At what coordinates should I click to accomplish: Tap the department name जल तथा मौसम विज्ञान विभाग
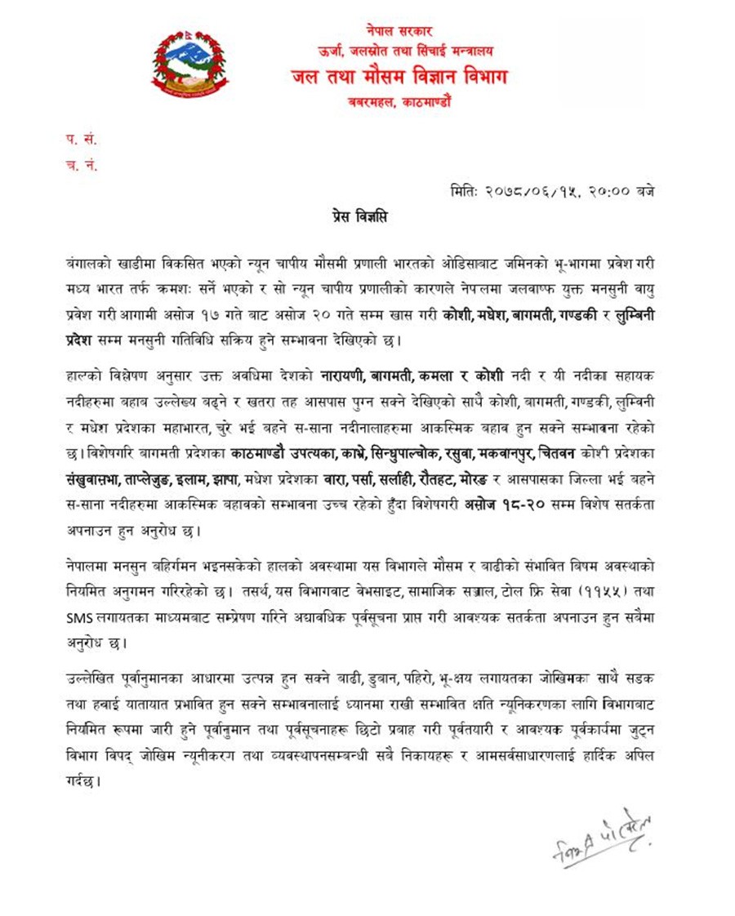pyautogui.click(x=399, y=78)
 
